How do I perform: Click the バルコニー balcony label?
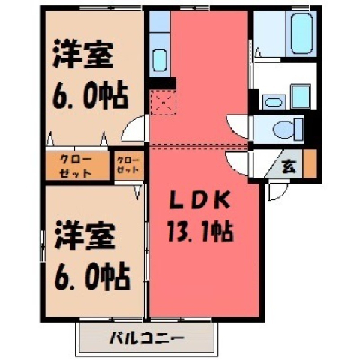147,338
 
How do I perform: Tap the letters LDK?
199,200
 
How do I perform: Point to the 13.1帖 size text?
200,232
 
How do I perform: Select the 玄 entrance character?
289,166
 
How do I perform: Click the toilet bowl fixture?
288,129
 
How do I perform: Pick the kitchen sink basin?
160,61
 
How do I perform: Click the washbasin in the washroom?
274,102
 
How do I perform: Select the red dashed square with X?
163,103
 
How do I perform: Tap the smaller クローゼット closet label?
127,165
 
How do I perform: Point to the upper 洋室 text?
83,55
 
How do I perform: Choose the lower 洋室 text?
85,235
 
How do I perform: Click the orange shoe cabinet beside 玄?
310,164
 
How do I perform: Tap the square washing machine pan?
301,97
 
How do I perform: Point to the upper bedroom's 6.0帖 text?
90,96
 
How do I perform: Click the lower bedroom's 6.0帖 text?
92,277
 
